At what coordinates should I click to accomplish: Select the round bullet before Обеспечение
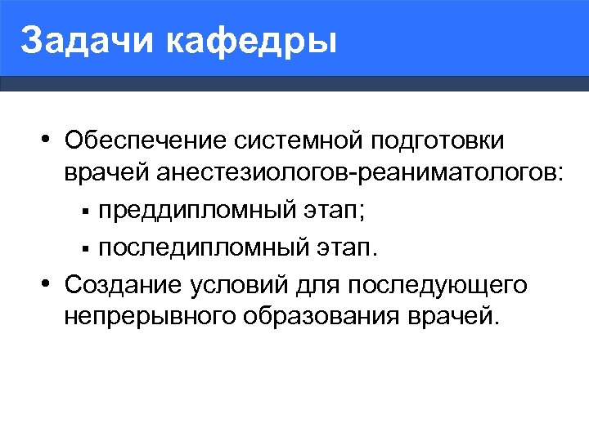pyautogui.click(x=49, y=140)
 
